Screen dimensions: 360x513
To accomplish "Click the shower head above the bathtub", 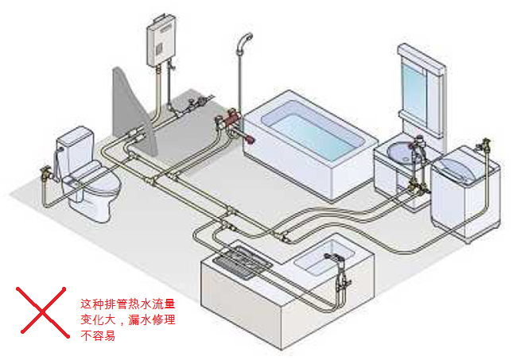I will (x=246, y=39).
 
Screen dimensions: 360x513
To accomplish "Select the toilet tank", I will (x=75, y=148).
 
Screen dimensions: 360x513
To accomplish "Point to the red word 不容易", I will (x=98, y=336).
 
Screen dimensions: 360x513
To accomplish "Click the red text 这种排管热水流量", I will (x=127, y=304).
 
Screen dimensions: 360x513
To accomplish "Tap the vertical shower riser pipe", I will (x=239, y=79).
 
